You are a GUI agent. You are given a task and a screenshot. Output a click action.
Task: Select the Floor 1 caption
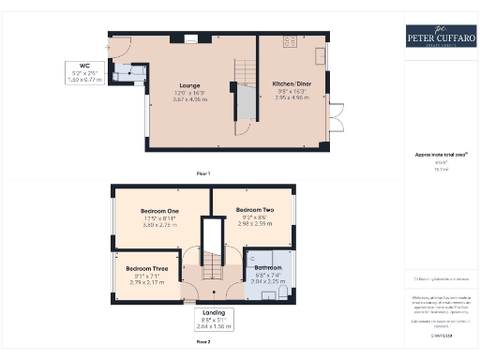[203, 174]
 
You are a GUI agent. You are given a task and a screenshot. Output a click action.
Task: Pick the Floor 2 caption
[203, 343]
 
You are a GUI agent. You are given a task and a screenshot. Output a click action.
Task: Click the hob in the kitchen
[289, 42]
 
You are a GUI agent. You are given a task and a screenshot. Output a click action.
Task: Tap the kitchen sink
[321, 51]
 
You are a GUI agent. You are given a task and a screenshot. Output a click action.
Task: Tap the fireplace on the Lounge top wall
[191, 39]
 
